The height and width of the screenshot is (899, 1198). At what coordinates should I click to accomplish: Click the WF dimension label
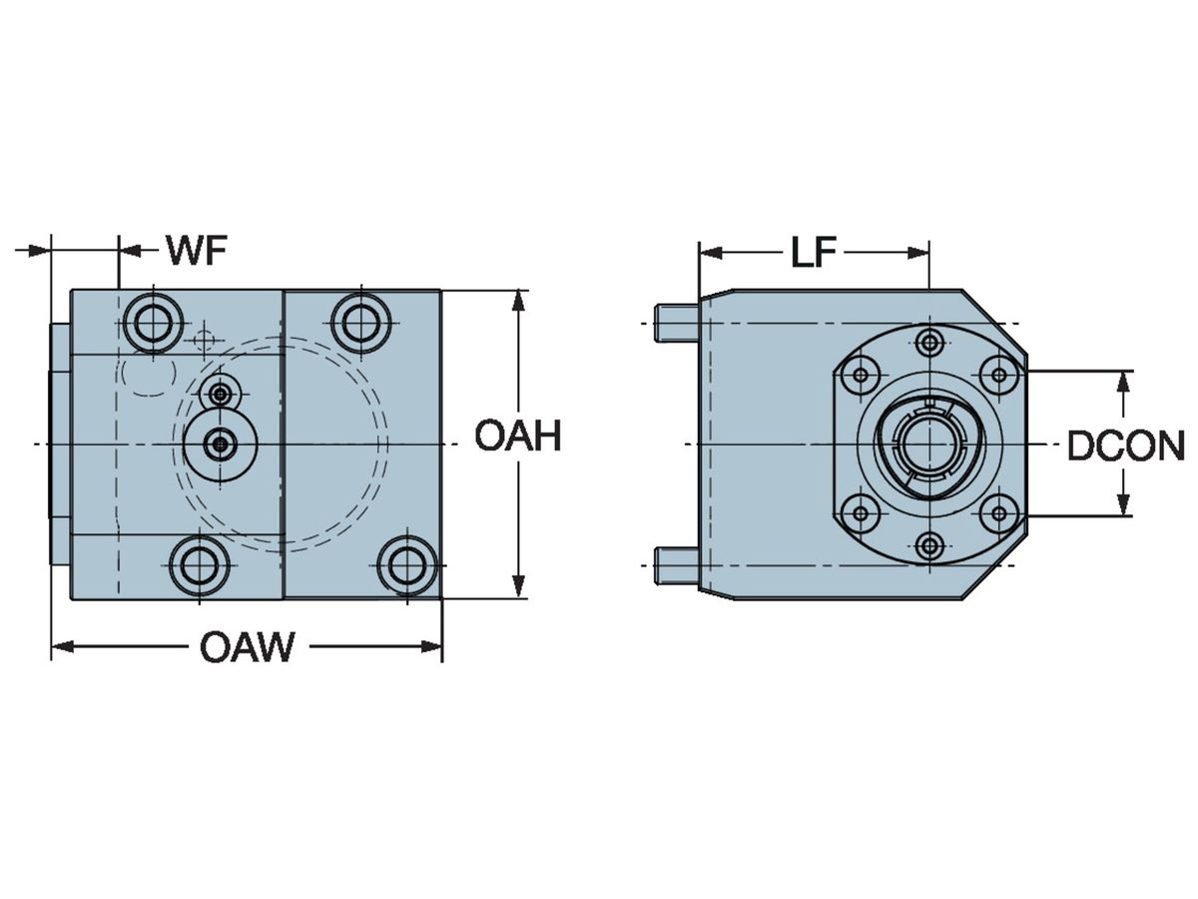click(197, 250)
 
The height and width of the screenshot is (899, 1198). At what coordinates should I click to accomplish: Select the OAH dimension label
click(517, 437)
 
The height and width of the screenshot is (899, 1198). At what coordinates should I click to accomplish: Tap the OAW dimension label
click(247, 648)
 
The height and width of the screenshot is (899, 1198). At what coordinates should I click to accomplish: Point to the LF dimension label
click(814, 253)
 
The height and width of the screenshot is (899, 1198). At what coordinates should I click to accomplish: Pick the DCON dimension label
click(1125, 447)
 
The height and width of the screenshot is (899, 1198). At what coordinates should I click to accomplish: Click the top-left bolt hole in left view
click(152, 322)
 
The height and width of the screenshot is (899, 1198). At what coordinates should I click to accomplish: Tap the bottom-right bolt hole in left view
click(407, 565)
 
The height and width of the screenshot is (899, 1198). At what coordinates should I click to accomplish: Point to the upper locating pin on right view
click(676, 323)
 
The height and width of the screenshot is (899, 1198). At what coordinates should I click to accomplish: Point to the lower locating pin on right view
click(676, 564)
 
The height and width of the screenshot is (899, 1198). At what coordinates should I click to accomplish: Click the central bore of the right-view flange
click(928, 444)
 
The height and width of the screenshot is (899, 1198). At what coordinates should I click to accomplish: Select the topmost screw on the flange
click(929, 343)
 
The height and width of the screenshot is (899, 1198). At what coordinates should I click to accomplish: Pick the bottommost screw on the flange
click(929, 545)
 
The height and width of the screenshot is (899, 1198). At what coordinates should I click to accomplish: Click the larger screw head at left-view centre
click(221, 444)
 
